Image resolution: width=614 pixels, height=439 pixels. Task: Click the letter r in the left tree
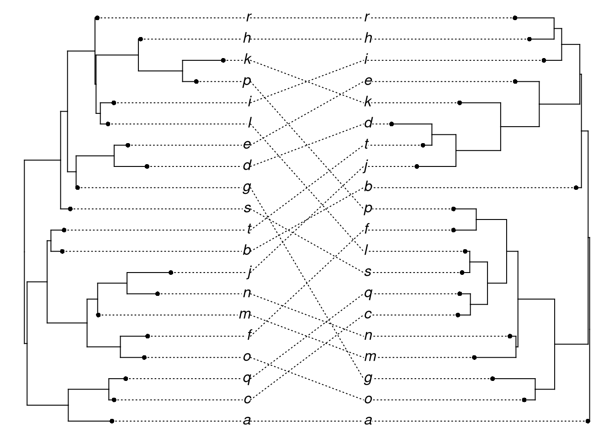(x=249, y=18)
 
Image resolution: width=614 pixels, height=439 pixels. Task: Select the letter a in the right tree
(x=368, y=421)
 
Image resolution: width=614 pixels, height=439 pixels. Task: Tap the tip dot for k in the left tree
(x=223, y=60)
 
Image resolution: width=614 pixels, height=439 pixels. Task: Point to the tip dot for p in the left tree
(x=196, y=81)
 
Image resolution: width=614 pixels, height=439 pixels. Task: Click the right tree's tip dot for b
(x=577, y=187)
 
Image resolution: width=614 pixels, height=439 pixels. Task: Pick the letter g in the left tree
(x=247, y=187)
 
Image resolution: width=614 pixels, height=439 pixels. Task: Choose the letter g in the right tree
(x=368, y=378)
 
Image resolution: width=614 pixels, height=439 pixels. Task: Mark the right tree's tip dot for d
(x=392, y=123)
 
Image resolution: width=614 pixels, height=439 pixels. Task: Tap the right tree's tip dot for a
(x=588, y=421)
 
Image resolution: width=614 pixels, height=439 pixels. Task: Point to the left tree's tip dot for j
(x=170, y=273)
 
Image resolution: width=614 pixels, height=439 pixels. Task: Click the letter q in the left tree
(x=247, y=379)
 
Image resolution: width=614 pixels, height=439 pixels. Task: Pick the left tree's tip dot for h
(x=140, y=39)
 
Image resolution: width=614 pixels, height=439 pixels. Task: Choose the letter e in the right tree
(x=368, y=81)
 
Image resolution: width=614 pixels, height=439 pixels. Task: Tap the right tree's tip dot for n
(x=509, y=336)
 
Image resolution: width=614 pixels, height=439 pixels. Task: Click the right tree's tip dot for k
(x=460, y=103)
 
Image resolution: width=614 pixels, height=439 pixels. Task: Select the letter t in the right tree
(x=367, y=145)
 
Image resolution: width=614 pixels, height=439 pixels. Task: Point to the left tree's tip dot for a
(x=111, y=421)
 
